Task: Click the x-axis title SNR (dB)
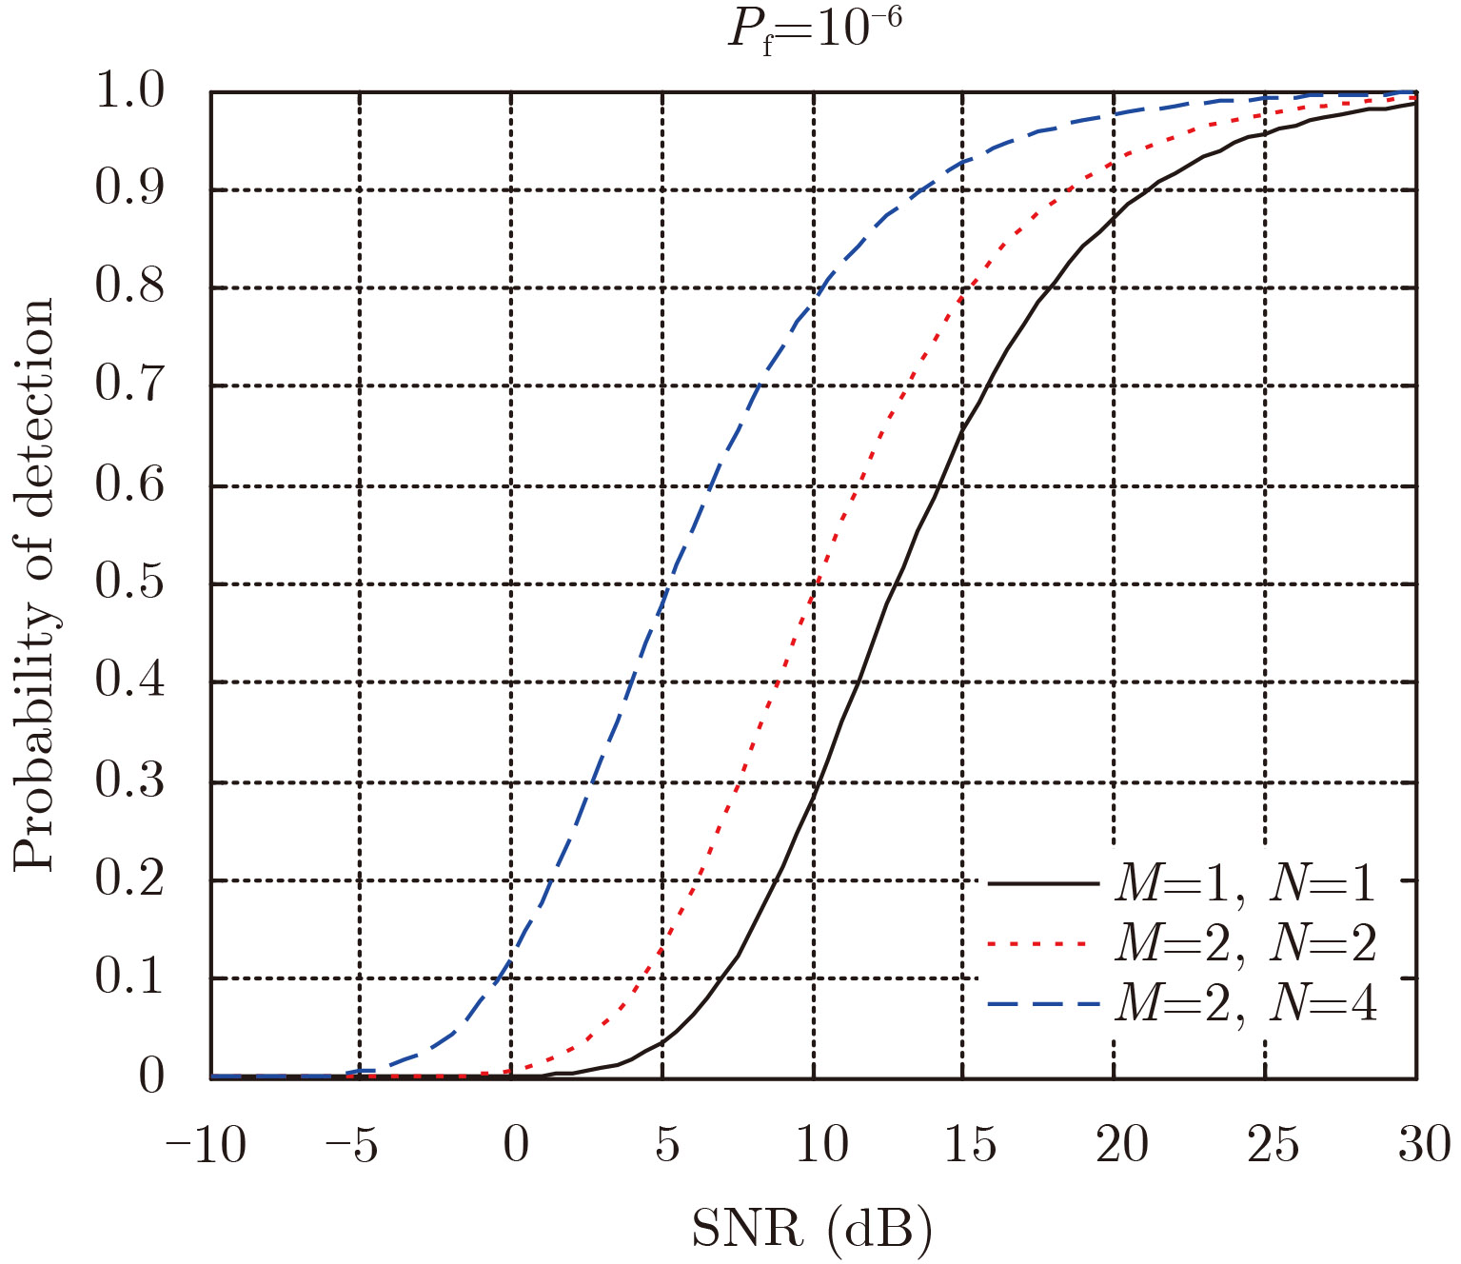click(x=811, y=1229)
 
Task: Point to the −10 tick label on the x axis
click(x=207, y=1144)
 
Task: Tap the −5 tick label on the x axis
click(x=352, y=1144)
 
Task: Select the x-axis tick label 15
click(x=970, y=1144)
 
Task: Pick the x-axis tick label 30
click(x=1424, y=1144)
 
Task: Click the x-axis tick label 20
click(x=1121, y=1144)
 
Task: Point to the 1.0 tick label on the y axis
click(x=130, y=92)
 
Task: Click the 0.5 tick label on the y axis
click(x=130, y=583)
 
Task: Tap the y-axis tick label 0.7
click(x=130, y=386)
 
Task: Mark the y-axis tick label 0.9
click(x=130, y=189)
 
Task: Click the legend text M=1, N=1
click(x=1245, y=884)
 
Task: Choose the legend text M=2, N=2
click(x=1245, y=943)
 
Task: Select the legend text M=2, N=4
click(x=1245, y=1003)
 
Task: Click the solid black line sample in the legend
click(x=1043, y=884)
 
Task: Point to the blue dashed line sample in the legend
click(x=1043, y=1004)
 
